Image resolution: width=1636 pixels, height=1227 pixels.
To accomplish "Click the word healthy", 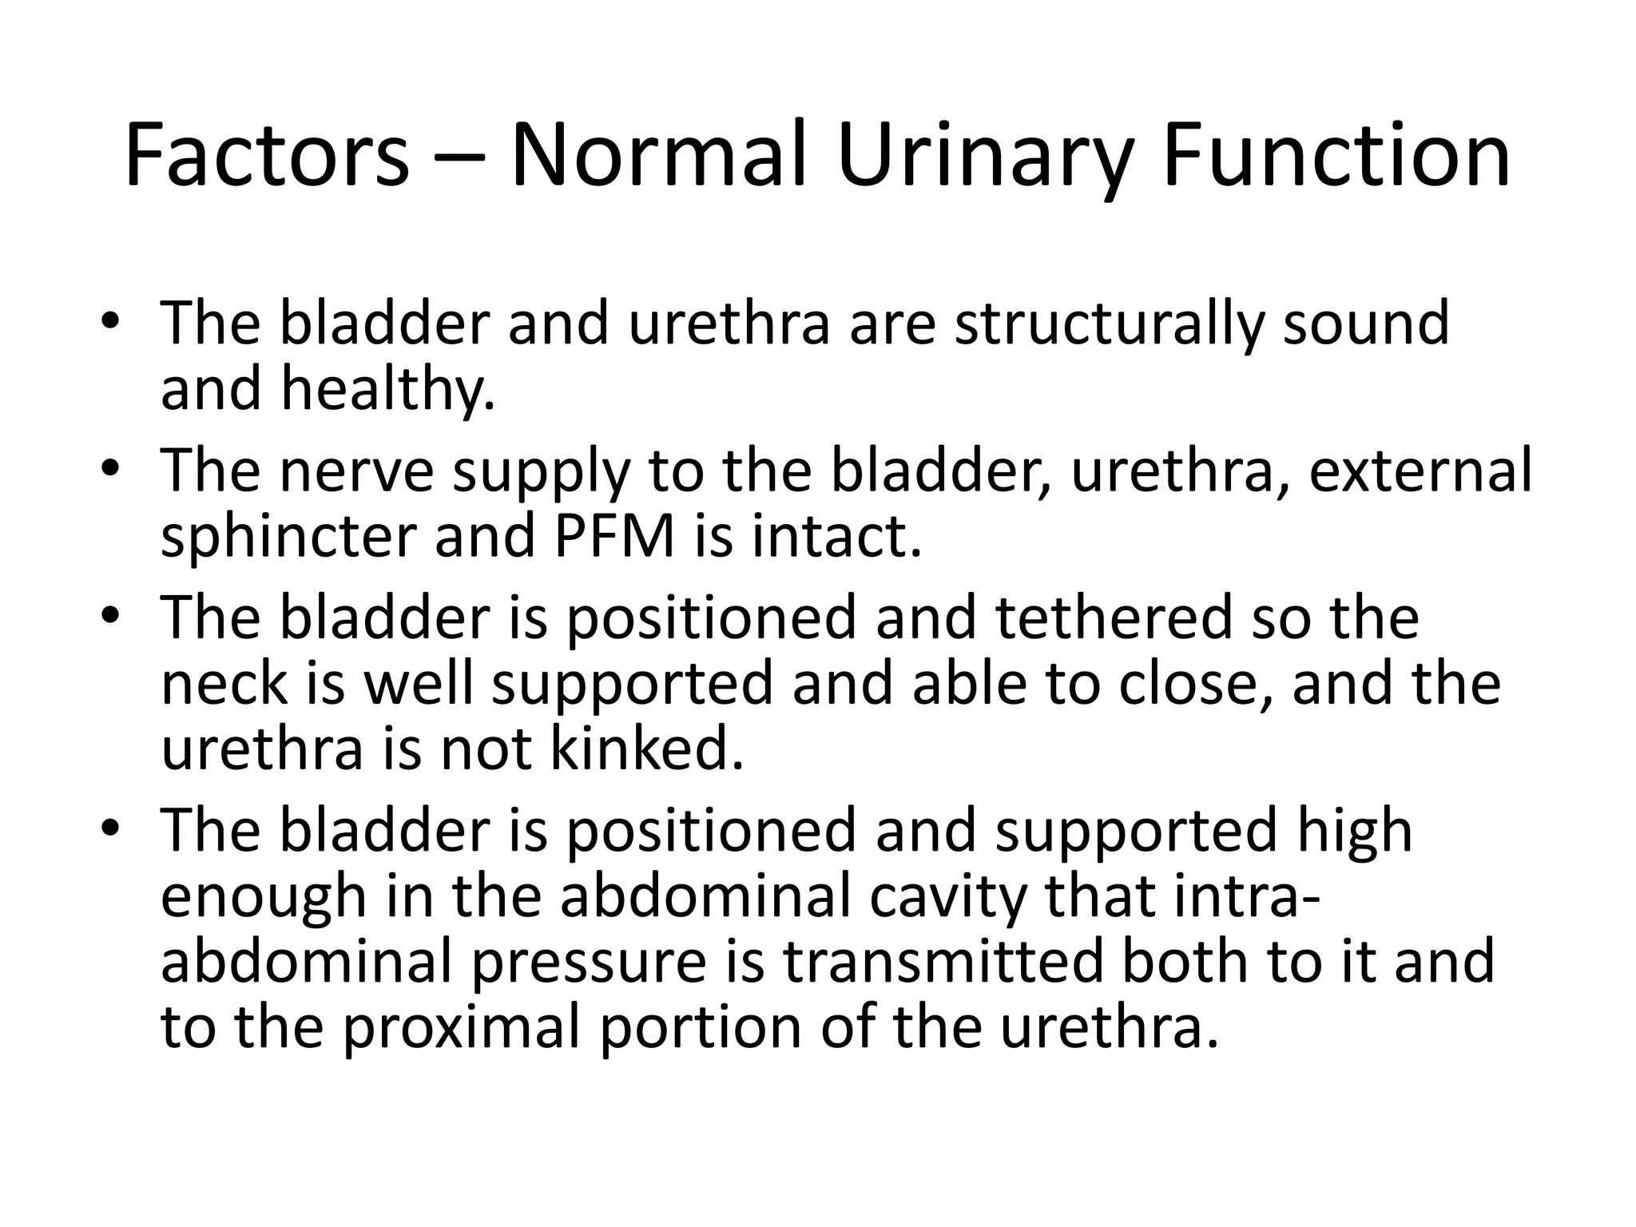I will click(x=387, y=390).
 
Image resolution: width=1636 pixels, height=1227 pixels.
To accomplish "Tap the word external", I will click(x=1420, y=471).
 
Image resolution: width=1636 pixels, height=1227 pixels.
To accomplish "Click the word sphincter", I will click(x=288, y=537).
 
